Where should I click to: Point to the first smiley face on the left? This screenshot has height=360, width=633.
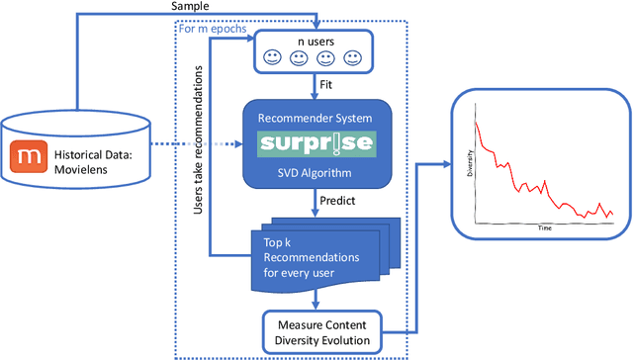[x=272, y=58]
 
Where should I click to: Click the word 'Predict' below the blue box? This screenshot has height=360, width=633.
[x=336, y=202]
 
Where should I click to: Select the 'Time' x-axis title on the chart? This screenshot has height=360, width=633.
[x=544, y=226]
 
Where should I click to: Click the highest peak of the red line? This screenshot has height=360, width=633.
[x=478, y=123]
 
